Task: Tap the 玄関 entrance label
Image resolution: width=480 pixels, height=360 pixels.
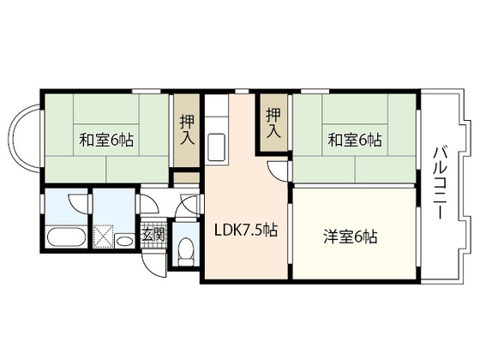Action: coord(153,234)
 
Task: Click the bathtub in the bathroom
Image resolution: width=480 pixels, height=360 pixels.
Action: coord(63,237)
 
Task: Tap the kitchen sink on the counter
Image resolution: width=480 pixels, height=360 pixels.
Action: coord(216,147)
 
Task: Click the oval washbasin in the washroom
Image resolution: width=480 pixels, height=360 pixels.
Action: coord(124,242)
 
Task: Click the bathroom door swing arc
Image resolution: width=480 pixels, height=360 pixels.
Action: coord(77,206)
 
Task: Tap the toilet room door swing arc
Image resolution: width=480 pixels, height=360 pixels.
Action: coord(188,206)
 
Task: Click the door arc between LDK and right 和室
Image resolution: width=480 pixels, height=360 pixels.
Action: coord(278,171)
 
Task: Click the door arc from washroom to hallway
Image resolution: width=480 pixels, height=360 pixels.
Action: coord(148,207)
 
